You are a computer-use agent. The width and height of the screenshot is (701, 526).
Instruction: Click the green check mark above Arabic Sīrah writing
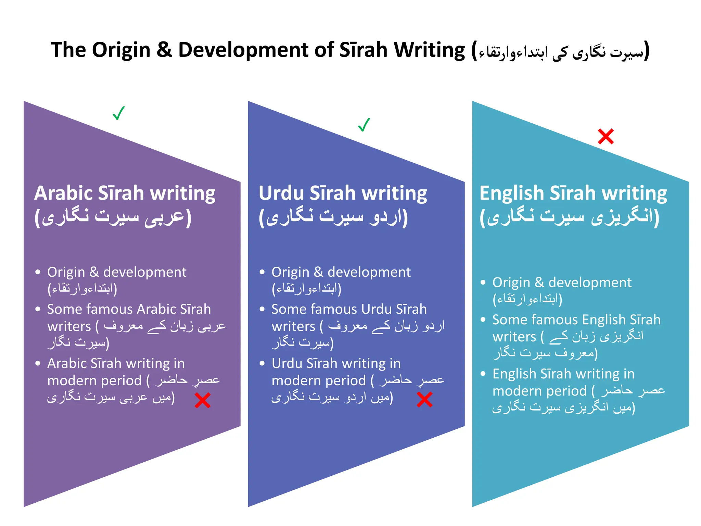tap(118, 113)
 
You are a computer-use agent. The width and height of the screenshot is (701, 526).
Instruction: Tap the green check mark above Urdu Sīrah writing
tap(364, 125)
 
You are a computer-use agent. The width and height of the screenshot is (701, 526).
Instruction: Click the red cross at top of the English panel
tap(606, 136)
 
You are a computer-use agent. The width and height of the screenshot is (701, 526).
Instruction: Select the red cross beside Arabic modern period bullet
tap(202, 400)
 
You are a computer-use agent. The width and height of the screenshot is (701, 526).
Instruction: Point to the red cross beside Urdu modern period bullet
tap(424, 399)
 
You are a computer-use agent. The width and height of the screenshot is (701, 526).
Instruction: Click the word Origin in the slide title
tap(121, 50)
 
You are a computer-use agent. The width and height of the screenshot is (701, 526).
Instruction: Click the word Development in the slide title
tap(243, 50)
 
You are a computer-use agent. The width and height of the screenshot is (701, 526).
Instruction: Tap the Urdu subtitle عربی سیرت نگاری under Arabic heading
tap(113, 217)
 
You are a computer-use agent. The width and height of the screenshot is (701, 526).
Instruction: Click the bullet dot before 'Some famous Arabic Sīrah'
tap(38, 309)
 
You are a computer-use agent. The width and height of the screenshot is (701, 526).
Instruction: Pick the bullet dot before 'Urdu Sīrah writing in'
tap(262, 363)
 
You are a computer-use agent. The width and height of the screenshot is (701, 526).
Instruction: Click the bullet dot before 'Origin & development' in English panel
tap(483, 283)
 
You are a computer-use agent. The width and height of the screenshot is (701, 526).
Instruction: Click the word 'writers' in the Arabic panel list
tap(69, 326)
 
